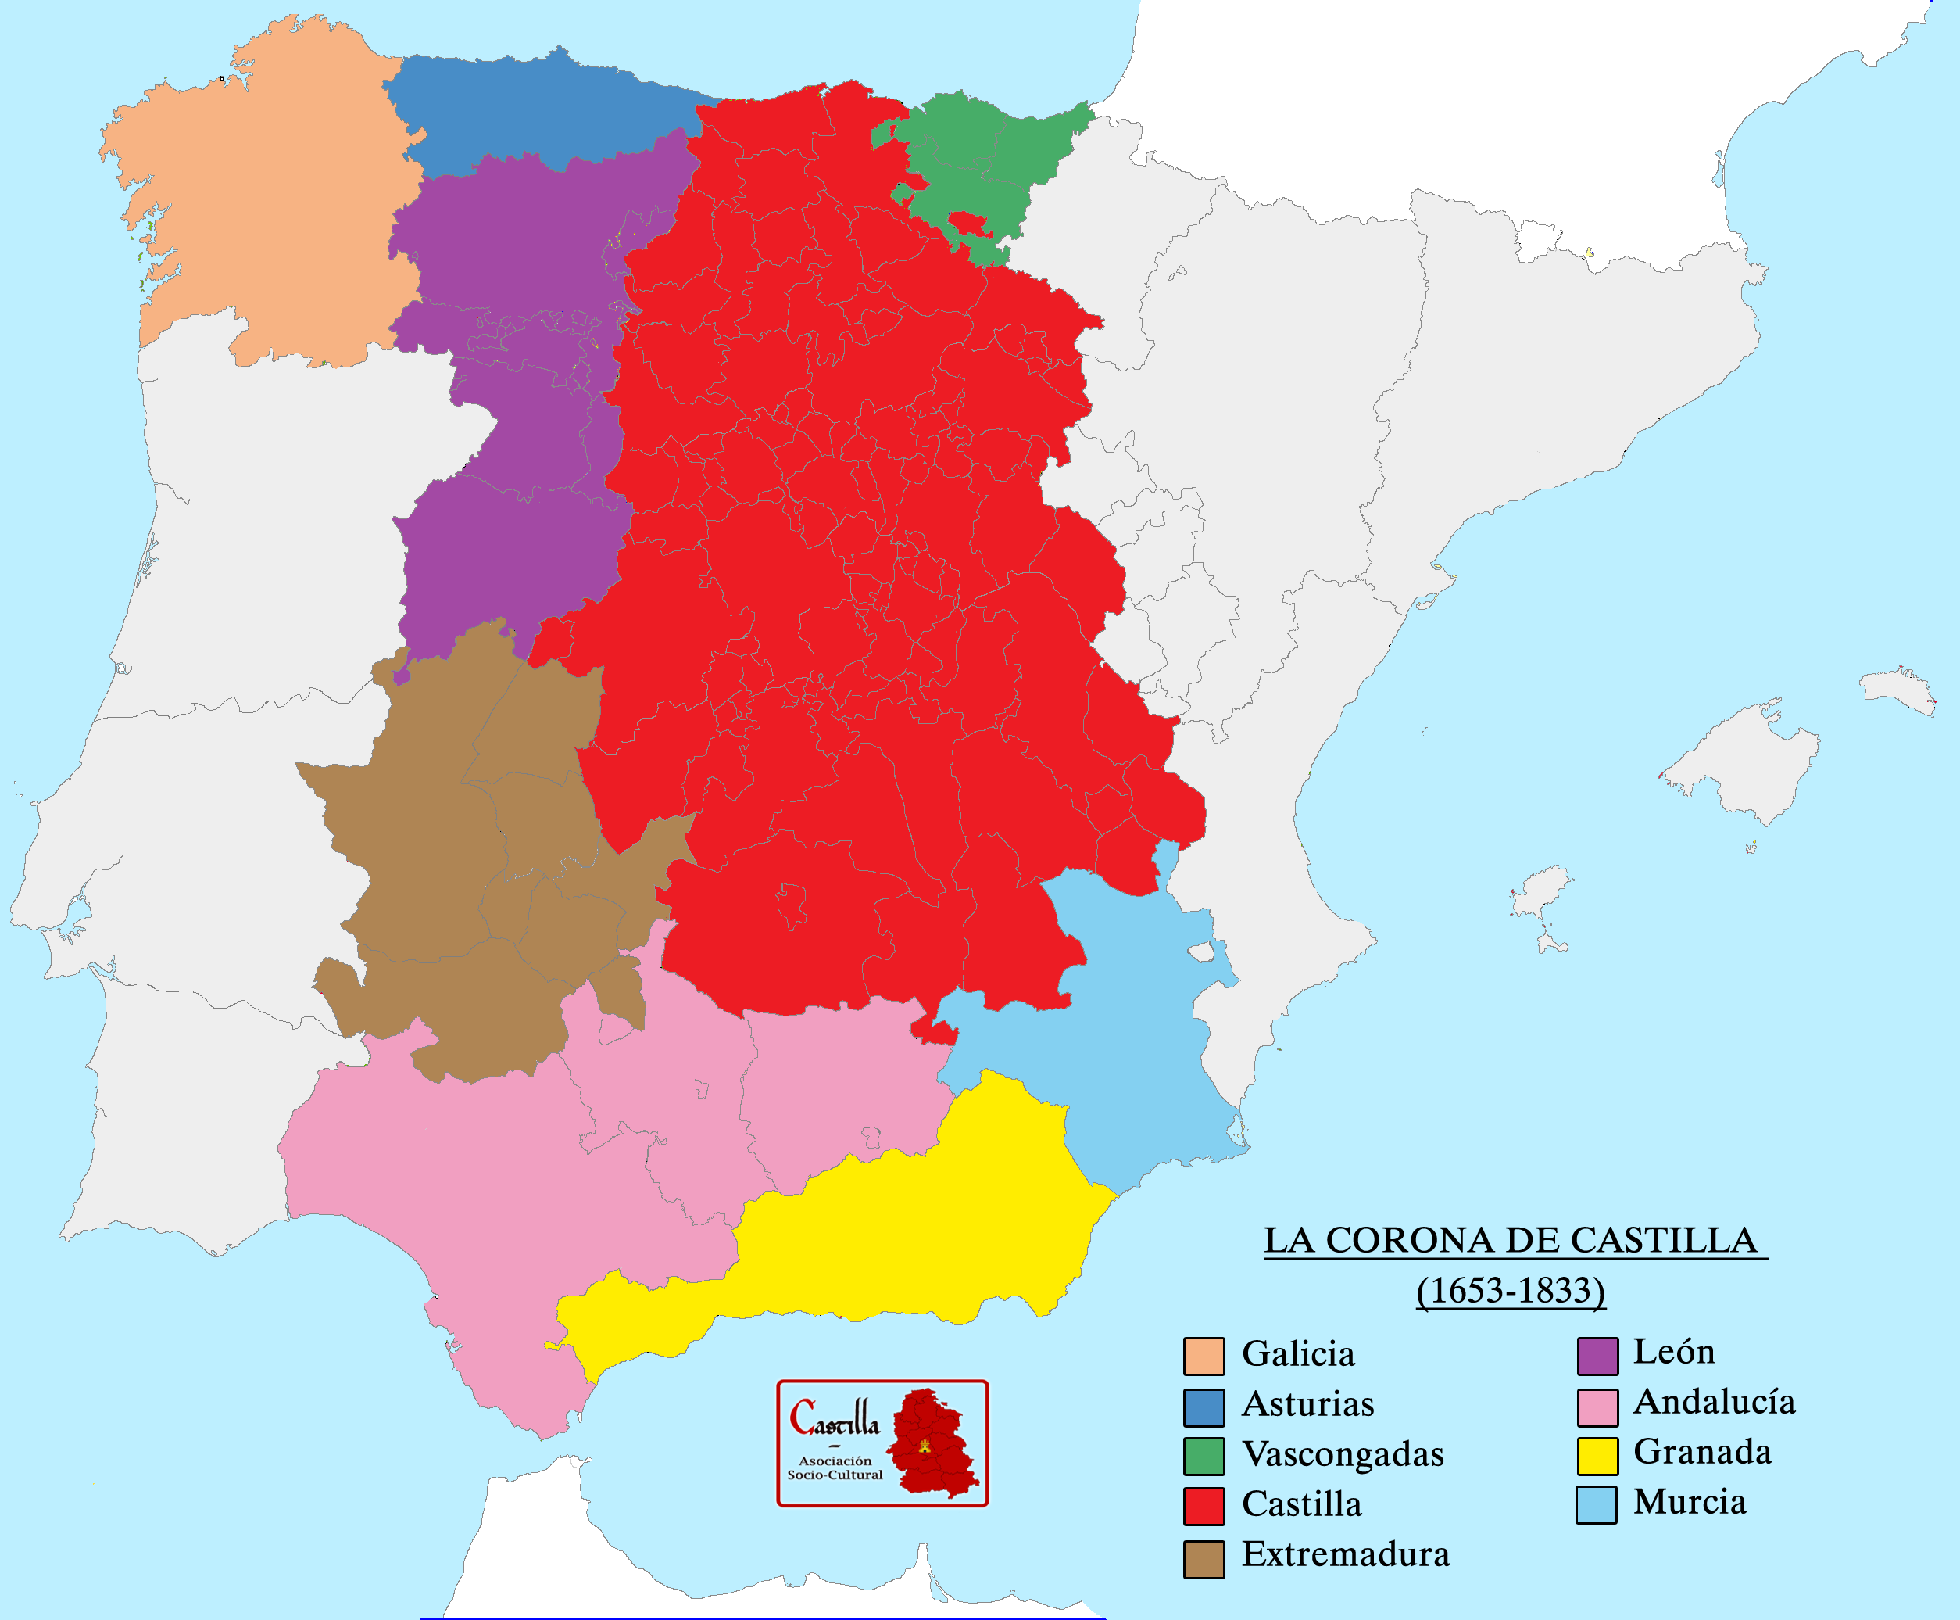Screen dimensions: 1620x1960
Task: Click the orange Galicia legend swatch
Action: (x=1204, y=1356)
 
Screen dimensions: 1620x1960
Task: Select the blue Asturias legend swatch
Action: (x=1204, y=1408)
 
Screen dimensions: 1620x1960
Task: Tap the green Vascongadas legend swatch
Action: (x=1204, y=1456)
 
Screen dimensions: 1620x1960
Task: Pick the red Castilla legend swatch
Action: (x=1204, y=1506)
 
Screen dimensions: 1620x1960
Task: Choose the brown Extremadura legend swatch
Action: (x=1204, y=1559)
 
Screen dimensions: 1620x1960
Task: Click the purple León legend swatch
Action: (x=1597, y=1356)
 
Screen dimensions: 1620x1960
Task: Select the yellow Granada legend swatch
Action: (x=1597, y=1456)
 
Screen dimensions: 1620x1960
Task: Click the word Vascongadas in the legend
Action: (x=1343, y=1454)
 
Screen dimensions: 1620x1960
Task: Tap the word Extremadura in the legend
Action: (x=1345, y=1554)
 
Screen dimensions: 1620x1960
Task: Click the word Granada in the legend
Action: (x=1703, y=1451)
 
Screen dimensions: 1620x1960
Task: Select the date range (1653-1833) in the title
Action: (x=1511, y=1291)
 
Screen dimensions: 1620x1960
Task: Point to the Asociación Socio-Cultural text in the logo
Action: (x=834, y=1468)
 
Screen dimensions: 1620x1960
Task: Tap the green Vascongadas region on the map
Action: (x=979, y=159)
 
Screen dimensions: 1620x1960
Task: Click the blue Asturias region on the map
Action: (x=541, y=112)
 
